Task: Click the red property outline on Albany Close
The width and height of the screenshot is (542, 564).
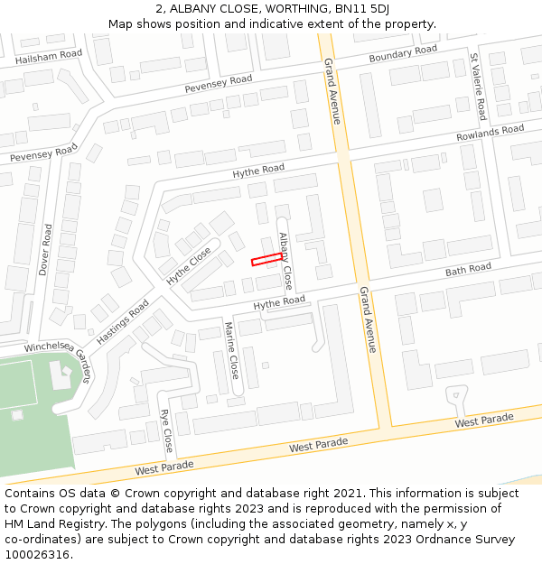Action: point(265,260)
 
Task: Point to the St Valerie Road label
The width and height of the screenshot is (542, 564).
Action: point(478,87)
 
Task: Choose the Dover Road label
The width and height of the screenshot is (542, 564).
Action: point(45,249)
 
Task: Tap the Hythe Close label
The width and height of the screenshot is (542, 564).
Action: point(188,266)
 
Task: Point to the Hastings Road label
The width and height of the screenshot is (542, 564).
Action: point(122,320)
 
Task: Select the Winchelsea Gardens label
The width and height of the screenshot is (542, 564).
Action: point(60,353)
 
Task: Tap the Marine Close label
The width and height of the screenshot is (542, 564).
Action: point(231,350)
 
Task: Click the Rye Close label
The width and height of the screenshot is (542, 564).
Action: point(166,430)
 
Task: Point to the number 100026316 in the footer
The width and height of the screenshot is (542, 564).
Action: point(38,554)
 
